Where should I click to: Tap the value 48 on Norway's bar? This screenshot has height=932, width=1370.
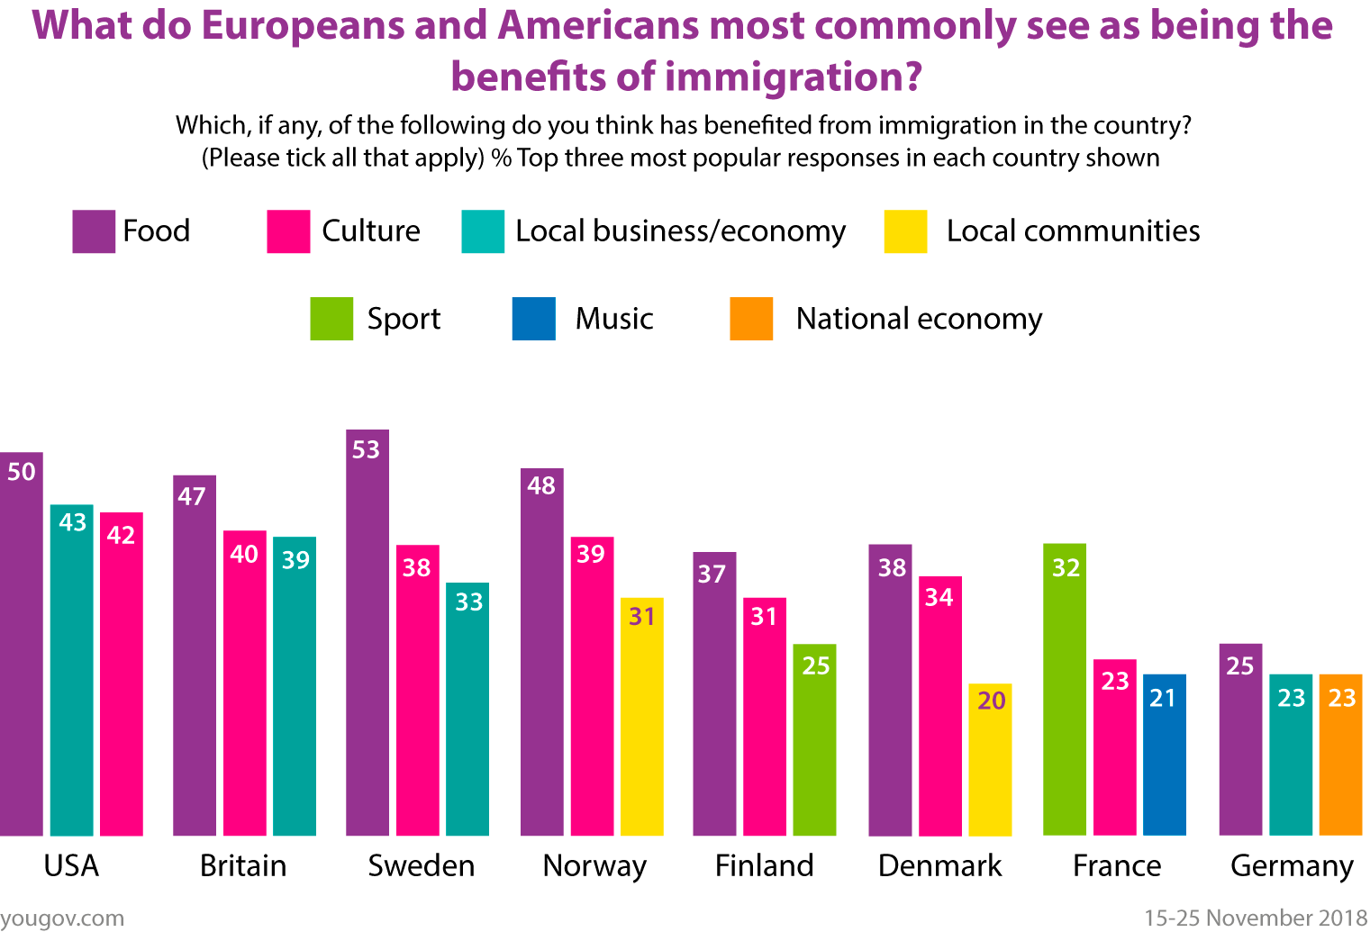pos(541,486)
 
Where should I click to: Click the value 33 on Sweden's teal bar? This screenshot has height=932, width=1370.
pos(468,602)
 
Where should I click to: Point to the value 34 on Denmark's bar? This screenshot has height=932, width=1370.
pos(939,597)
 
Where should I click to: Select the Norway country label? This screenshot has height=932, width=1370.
pos(594,865)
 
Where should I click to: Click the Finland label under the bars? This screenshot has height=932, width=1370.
pos(764,865)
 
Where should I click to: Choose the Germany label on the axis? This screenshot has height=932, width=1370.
pos(1292,865)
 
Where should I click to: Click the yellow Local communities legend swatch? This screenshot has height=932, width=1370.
pos(905,231)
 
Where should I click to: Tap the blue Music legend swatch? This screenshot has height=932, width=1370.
pos(533,319)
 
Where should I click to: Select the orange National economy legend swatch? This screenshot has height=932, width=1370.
pos(751,319)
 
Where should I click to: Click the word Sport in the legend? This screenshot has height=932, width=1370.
pos(404,319)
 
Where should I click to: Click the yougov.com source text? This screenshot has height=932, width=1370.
pos(62,918)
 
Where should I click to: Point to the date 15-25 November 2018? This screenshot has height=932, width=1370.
pos(1256,918)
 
